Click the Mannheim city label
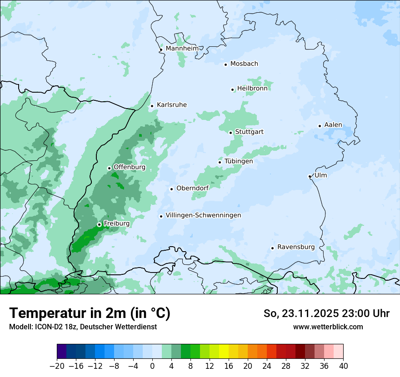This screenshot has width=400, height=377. tap(182, 49)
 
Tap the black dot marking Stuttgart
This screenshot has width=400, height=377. tap(230, 133)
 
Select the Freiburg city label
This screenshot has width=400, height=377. tap(116, 223)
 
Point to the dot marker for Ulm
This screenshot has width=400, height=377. tap(310, 176)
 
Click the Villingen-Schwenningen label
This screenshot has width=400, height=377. tap(203, 215)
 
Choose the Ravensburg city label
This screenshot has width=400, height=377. tap(295, 247)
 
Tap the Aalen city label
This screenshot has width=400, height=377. tap(333, 125)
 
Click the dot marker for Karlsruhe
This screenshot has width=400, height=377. tap(152, 106)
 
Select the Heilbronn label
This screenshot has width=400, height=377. tap(252, 89)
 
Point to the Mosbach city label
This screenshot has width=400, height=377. tap(244, 64)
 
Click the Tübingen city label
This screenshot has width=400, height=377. tap(238, 161)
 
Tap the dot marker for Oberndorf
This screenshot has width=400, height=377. tap(171, 189)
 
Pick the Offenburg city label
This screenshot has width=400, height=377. tap(130, 167)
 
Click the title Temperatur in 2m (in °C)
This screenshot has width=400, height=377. tap(90, 313)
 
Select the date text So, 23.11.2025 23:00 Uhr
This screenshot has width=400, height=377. tap(326, 313)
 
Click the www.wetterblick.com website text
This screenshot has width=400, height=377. tap(328, 327)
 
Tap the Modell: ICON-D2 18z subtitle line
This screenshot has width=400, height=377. tap(83, 327)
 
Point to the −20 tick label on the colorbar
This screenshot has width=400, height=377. tap(57, 366)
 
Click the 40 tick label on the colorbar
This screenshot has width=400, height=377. tap(343, 366)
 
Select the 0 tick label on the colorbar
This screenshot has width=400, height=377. tap(152, 366)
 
